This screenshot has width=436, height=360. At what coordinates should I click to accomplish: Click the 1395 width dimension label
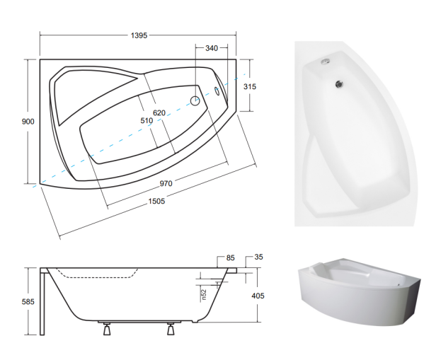pyautogui.click(x=139, y=35)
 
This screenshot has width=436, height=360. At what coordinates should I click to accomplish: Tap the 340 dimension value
pyautogui.click(x=212, y=48)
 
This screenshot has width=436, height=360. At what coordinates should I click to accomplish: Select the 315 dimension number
pyautogui.click(x=250, y=87)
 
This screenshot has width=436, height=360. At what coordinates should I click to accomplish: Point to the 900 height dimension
pyautogui.click(x=28, y=122)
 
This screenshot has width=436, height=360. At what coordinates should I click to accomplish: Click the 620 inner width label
pyautogui.click(x=159, y=112)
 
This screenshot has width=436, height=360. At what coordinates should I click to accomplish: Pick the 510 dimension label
pyautogui.click(x=147, y=120)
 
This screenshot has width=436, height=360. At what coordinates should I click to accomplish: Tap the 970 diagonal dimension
pyautogui.click(x=166, y=183)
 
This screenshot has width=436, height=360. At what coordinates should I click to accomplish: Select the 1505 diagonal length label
pyautogui.click(x=156, y=201)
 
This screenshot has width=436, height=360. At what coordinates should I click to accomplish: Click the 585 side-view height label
pyautogui.click(x=28, y=301)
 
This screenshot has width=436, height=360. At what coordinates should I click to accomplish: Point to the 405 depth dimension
pyautogui.click(x=258, y=296)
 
